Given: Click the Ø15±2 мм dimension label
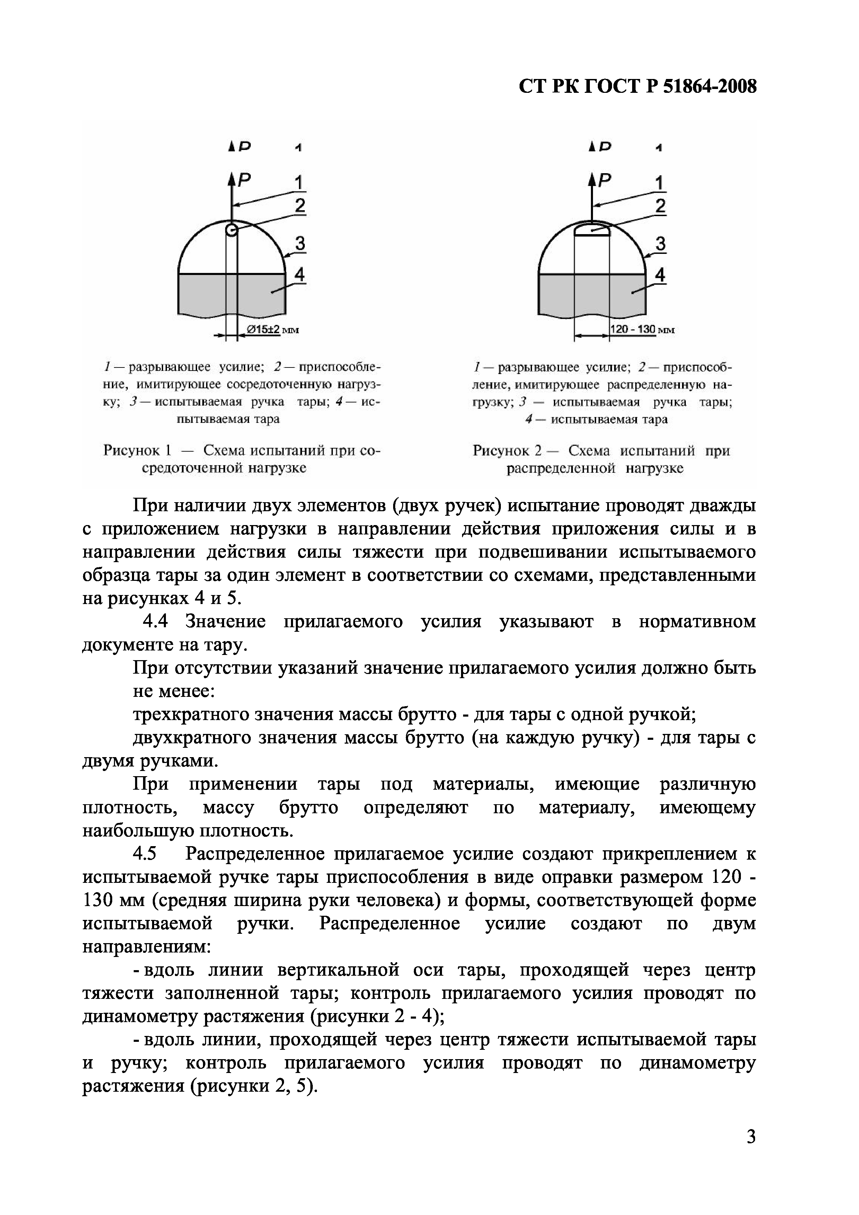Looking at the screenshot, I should click(x=269, y=330).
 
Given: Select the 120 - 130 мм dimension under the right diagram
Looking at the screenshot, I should click(x=633, y=330).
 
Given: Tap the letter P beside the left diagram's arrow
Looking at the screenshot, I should click(x=244, y=180).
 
